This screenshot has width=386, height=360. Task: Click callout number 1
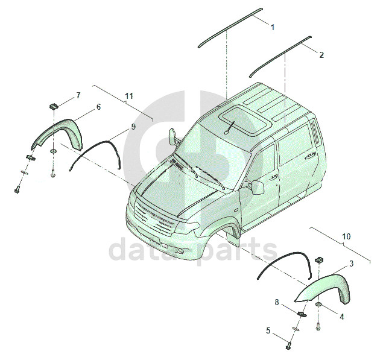(x=272, y=28)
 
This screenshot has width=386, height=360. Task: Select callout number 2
(x=321, y=55)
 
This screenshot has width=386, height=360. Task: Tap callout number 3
(x=351, y=264)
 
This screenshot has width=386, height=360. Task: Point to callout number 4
(x=341, y=316)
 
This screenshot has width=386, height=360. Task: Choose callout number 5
(x=268, y=330)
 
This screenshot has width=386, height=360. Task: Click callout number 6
(x=98, y=107)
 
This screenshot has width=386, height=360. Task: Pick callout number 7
(x=78, y=96)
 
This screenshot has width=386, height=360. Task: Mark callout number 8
(x=277, y=302)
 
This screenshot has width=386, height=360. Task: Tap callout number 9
(x=133, y=127)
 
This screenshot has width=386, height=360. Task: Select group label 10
(x=346, y=237)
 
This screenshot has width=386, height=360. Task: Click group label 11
(x=129, y=96)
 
